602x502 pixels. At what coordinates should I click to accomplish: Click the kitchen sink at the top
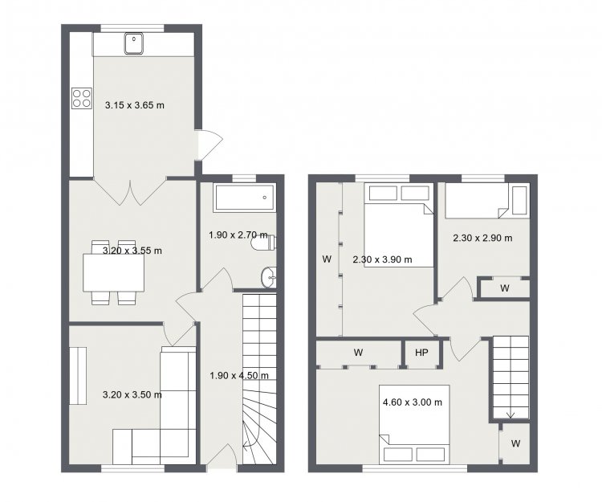click(134, 43)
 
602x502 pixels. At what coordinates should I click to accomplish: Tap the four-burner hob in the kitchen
click(82, 98)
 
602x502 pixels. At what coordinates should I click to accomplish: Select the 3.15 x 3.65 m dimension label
click(135, 105)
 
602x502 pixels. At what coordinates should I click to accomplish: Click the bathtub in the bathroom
click(245, 198)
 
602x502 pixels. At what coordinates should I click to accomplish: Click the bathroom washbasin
click(268, 276)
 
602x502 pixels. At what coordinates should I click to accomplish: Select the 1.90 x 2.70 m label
click(238, 235)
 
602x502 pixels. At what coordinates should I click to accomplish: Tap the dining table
click(114, 273)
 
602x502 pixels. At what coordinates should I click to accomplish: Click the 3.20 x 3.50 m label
click(132, 394)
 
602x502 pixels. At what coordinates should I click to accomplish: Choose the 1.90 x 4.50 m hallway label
click(239, 375)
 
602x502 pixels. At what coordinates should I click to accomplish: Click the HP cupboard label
click(421, 353)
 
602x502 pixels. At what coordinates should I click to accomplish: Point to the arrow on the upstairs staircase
click(510, 414)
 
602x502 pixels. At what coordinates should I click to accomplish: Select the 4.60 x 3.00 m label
click(413, 402)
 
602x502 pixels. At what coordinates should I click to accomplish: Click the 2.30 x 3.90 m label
click(382, 259)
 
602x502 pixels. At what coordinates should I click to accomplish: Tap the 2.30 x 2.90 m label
click(482, 238)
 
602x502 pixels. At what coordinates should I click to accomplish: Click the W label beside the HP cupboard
click(358, 353)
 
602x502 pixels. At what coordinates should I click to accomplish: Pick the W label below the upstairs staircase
click(515, 443)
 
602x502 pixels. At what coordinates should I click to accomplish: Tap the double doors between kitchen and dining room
click(130, 190)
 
